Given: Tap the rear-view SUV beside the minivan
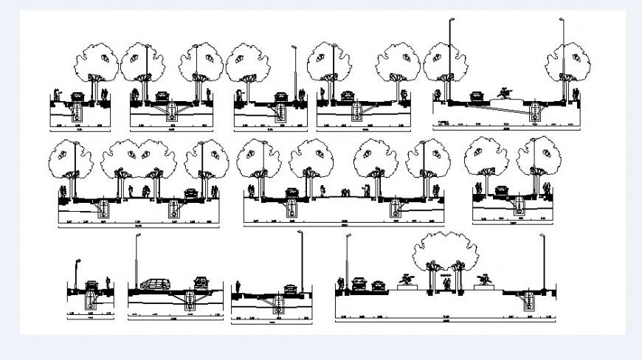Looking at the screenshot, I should tap(201, 283).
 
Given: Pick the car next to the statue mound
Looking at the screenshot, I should tap(477, 96).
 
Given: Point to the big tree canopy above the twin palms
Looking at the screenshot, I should tap(446, 251).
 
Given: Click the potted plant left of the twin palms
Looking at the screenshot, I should tap(404, 280).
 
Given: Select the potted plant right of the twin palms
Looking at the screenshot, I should tap(485, 280).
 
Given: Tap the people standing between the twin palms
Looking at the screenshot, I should tap(446, 284).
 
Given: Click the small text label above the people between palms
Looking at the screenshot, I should tap(445, 274).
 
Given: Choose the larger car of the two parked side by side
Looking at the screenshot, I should tap(359, 283).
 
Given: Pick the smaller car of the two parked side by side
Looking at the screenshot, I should tap(378, 285).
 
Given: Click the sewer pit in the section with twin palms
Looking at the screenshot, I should tap(528, 302).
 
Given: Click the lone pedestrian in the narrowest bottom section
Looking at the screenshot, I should tap(108, 283).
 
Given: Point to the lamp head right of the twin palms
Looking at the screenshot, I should tap(542, 237).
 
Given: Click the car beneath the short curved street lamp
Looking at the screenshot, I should tap(92, 285).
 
